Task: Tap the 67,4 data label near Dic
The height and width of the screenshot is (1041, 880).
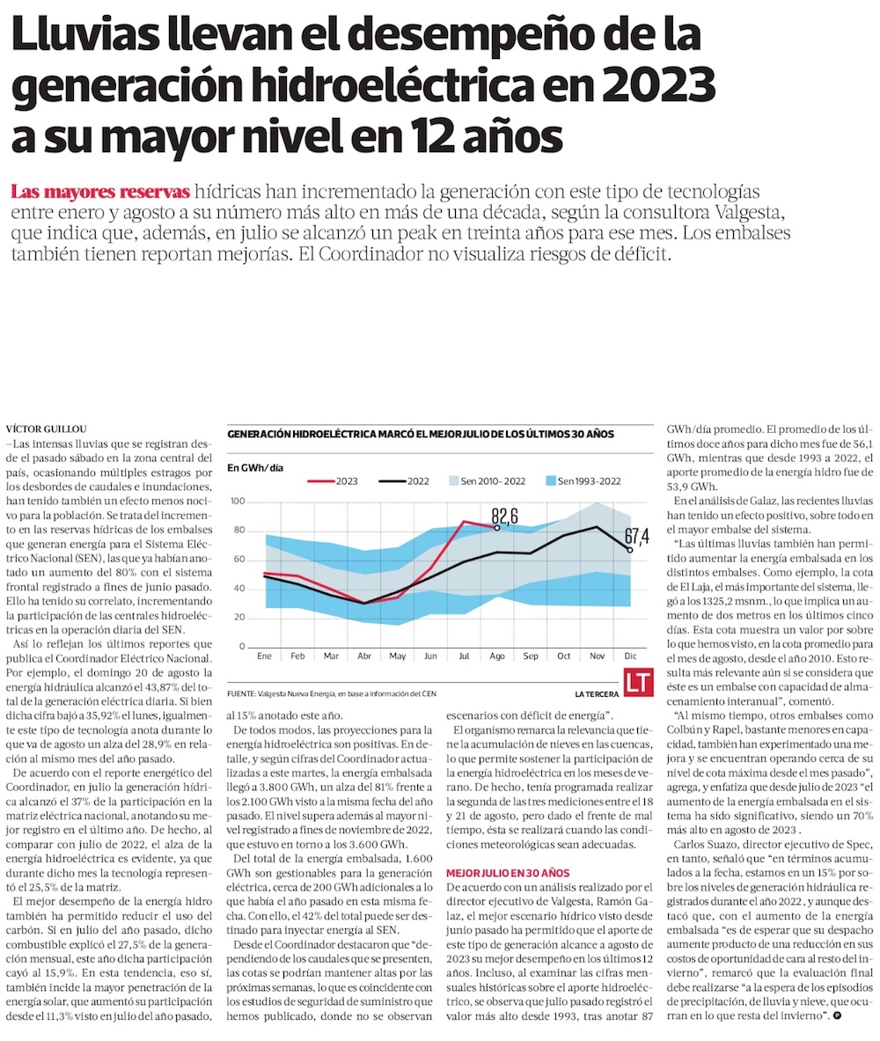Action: [636, 535]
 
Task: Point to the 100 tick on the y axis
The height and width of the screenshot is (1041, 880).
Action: [237, 502]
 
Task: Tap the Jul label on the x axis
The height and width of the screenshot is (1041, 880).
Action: [465, 656]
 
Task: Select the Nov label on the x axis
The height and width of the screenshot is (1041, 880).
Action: [598, 656]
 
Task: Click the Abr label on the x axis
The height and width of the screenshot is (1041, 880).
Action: [364, 656]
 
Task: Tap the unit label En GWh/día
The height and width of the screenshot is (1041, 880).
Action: [255, 466]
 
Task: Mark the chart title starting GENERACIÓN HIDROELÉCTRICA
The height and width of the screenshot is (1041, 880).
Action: [421, 434]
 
